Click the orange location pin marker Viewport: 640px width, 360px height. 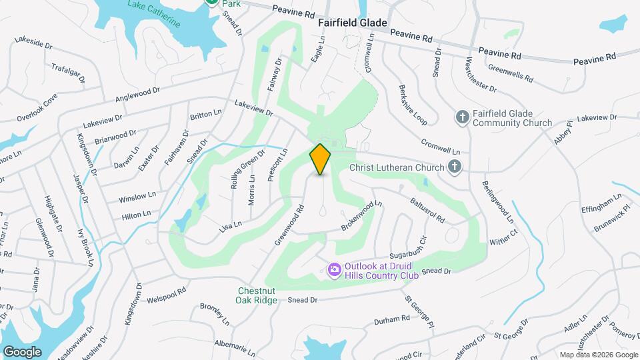pyautogui.click(x=321, y=159)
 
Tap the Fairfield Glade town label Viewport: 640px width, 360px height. pyautogui.click(x=352, y=22)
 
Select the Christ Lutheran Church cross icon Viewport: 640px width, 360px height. pyautogui.click(x=455, y=167)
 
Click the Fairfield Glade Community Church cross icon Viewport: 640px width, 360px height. pyautogui.click(x=462, y=118)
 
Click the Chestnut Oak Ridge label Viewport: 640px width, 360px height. pyautogui.click(x=256, y=295)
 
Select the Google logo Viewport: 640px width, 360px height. pyautogui.click(x=22, y=351)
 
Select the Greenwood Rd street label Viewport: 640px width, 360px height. pyautogui.click(x=289, y=225)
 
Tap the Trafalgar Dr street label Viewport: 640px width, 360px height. pyautogui.click(x=69, y=73)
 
